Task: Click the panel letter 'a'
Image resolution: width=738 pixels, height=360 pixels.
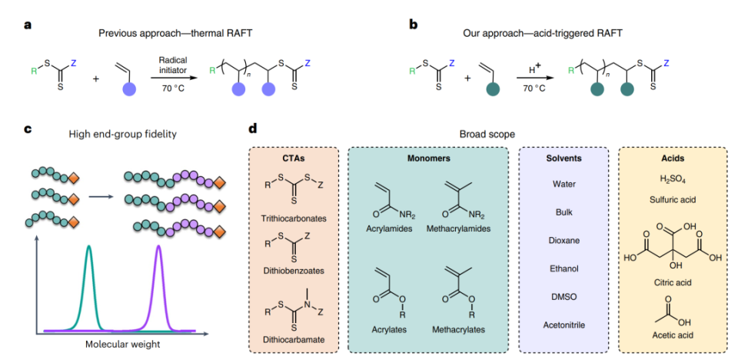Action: [x=28, y=25]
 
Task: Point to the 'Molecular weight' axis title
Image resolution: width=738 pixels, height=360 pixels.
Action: [x=123, y=344]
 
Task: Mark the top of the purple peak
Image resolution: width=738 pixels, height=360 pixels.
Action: [x=158, y=246]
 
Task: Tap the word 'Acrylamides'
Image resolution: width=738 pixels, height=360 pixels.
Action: [x=389, y=228]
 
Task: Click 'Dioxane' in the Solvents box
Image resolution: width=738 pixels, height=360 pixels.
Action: [x=563, y=240]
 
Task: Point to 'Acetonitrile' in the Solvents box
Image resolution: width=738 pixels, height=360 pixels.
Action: [x=563, y=325]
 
